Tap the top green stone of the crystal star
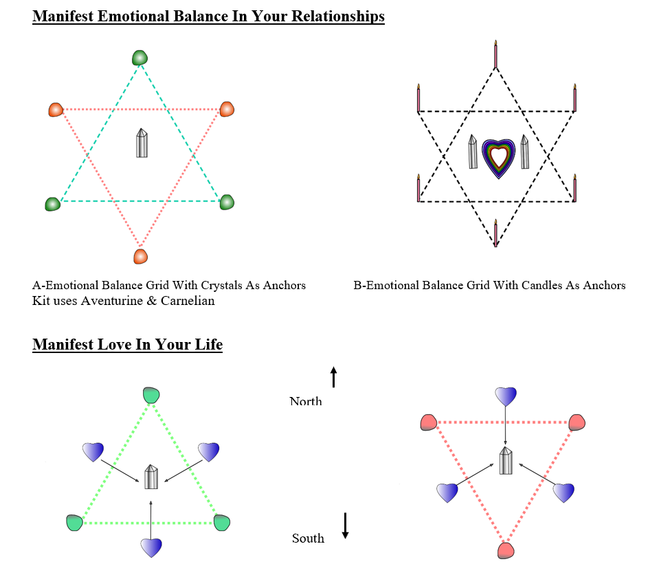(140, 58)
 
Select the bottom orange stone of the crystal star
(140, 256)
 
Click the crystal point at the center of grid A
(142, 143)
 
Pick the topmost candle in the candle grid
(496, 54)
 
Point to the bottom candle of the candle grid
(496, 233)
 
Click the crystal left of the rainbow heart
(473, 152)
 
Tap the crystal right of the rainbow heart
(524, 152)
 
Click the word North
(306, 401)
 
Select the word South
(308, 538)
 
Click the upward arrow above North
(334, 377)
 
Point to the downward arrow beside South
(345, 525)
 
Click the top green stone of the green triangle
(151, 396)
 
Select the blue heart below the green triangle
(151, 548)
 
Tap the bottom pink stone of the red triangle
(506, 550)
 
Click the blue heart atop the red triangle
(506, 396)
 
